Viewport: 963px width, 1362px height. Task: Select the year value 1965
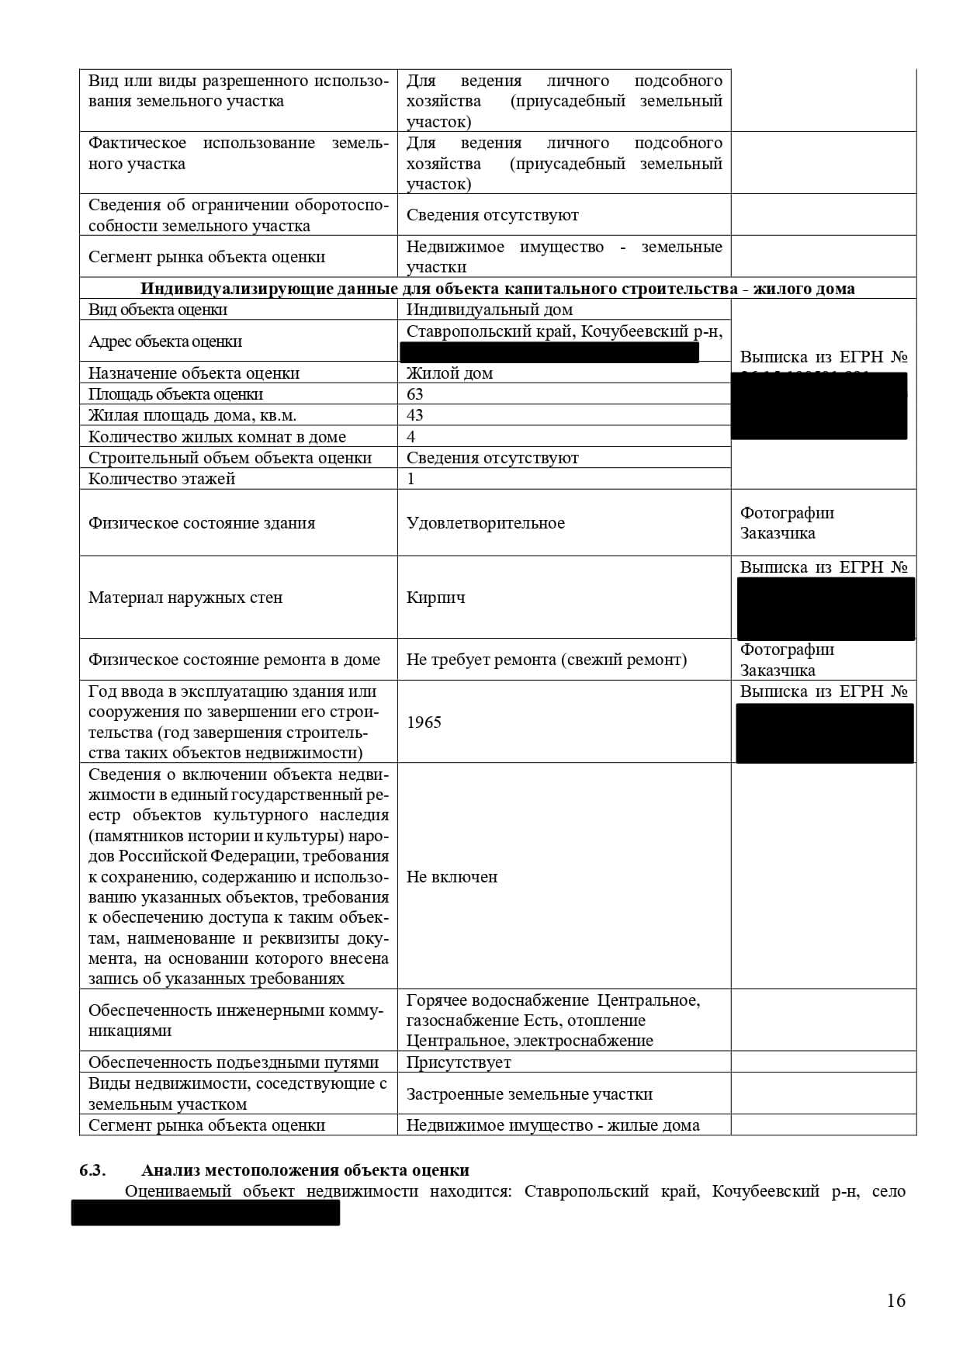point(424,723)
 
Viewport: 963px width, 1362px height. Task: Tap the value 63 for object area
point(415,394)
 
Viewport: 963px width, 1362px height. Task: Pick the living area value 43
point(415,415)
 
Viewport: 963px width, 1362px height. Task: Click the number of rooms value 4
point(411,437)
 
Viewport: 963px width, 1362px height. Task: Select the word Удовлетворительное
point(485,523)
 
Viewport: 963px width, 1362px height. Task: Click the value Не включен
point(452,877)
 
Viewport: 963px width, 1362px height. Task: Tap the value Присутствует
point(459,1062)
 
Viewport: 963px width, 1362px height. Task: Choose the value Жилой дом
point(449,373)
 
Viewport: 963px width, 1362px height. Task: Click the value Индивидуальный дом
point(489,310)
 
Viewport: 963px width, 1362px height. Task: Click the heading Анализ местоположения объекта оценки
point(305,1170)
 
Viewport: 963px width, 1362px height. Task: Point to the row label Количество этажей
point(161,479)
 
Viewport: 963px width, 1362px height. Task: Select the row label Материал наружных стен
point(185,598)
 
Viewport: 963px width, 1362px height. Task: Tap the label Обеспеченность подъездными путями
point(234,1062)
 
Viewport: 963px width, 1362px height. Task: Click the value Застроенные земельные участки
point(529,1094)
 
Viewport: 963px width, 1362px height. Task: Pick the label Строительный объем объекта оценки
point(230,458)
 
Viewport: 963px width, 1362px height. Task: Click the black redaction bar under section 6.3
point(206,1213)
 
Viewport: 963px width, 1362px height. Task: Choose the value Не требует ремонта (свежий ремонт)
point(546,660)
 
